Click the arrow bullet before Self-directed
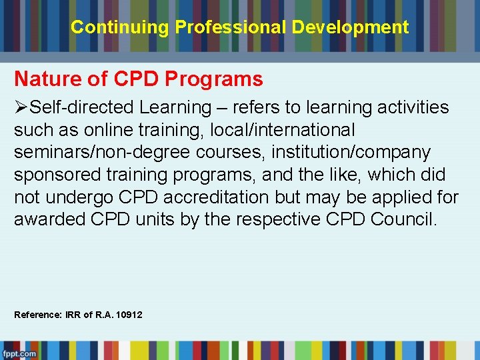22,107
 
